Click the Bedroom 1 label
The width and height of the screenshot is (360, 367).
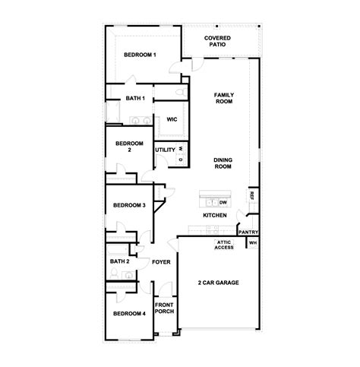141,55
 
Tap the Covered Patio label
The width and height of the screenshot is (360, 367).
218,41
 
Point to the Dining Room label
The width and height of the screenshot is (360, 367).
223,163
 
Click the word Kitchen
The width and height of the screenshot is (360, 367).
215,216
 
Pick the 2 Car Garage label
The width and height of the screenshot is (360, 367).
218,283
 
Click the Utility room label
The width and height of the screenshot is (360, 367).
165,150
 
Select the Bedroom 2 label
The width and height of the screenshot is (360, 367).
128,147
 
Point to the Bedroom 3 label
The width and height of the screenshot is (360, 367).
129,205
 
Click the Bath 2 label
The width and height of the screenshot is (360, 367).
119,261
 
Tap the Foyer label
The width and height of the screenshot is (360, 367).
161,261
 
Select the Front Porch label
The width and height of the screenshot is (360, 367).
164,308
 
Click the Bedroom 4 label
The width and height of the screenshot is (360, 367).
129,314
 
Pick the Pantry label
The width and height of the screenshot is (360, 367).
248,233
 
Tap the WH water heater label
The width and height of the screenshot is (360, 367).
253,244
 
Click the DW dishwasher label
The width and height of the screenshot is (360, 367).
223,203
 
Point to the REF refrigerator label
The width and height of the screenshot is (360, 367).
251,195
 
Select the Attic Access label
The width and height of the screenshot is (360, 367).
224,245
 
